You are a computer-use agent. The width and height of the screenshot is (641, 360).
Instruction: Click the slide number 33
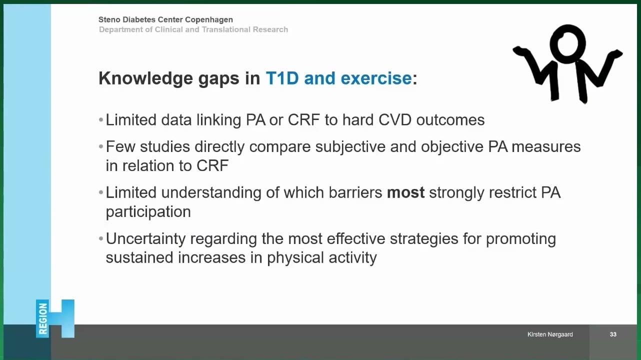pyautogui.click(x=613, y=334)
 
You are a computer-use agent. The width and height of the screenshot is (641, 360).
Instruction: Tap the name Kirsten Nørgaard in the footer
pyautogui.click(x=550, y=334)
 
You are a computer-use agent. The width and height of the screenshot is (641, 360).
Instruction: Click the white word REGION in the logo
pyautogui.click(x=43, y=318)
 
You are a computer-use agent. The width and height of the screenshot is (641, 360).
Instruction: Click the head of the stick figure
pyautogui.click(x=567, y=44)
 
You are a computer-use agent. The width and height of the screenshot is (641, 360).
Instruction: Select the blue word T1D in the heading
pyautogui.click(x=282, y=78)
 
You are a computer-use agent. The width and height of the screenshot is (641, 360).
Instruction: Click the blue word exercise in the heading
pyautogui.click(x=376, y=78)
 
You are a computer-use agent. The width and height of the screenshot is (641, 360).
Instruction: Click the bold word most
pyautogui.click(x=405, y=192)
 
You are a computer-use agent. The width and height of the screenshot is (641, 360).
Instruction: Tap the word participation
pyautogui.click(x=148, y=212)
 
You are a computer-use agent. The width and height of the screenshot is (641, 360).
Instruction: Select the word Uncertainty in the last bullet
pyautogui.click(x=145, y=239)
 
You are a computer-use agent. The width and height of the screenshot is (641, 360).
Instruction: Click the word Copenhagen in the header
pyautogui.click(x=209, y=20)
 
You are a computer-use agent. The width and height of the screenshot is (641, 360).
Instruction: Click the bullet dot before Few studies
pyautogui.click(x=100, y=147)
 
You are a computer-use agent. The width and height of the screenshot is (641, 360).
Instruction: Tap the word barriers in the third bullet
pyautogui.click(x=355, y=192)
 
